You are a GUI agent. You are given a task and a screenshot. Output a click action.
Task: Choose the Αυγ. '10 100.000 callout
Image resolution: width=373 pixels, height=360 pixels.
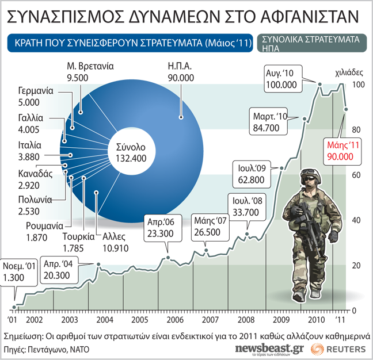point(281,79)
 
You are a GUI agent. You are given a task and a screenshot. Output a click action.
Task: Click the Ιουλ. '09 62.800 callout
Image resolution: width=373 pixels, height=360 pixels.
point(251,173)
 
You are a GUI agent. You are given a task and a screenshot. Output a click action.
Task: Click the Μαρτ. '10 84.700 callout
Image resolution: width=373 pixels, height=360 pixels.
point(271,121)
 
